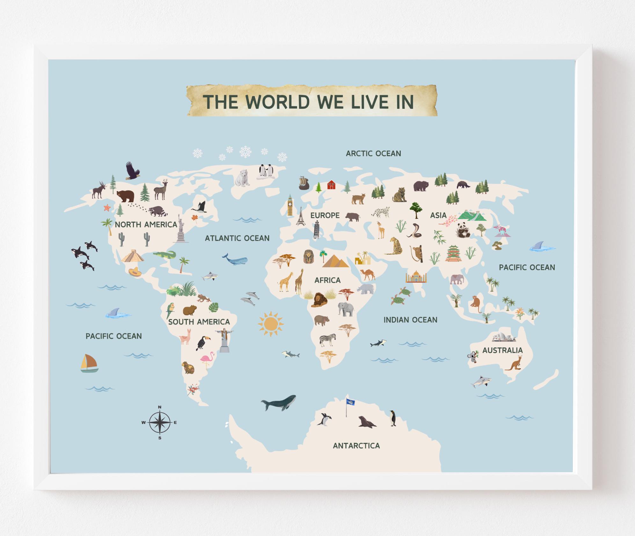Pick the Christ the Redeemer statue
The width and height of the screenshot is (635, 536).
coord(224,340)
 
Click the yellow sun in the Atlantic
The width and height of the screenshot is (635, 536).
coord(270,324)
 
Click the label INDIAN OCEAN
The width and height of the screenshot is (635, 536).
coord(410,320)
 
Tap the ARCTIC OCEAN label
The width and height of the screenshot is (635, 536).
coord(373,153)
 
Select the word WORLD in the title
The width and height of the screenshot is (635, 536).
coord(278,101)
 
